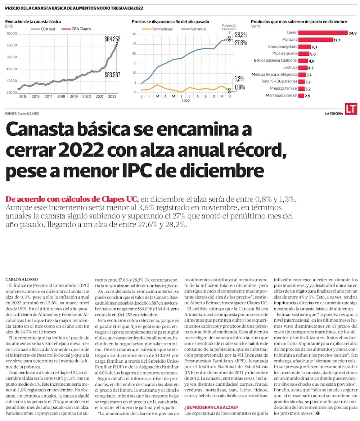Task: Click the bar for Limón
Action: pyautogui.click(x=323, y=33)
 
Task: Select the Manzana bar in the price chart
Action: pyautogui.click(x=310, y=40)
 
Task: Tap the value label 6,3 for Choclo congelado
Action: pyautogui.click(x=314, y=47)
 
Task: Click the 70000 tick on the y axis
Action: pyautogui.click(x=12, y=34)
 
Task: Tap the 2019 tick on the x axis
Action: pyautogui.click(x=73, y=97)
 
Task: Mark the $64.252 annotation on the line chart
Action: pyautogui.click(x=112, y=39)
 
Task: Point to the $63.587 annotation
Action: pyautogui.click(x=112, y=75)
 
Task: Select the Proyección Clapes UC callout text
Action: pyautogui.click(x=229, y=27)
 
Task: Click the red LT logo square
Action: pyautogui.click(x=351, y=109)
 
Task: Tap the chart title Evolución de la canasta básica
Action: pyautogui.click(x=33, y=22)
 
